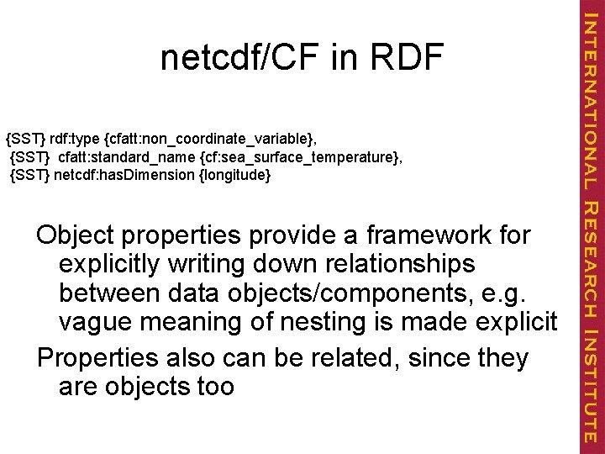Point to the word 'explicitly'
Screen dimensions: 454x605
pos(113,265)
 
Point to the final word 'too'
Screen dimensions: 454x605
pos(214,388)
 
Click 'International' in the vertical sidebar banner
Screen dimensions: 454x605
pos(591,99)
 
